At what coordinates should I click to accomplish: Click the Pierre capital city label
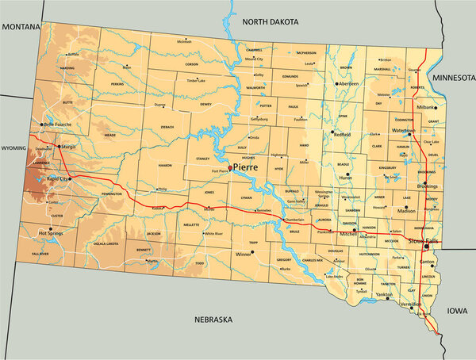point(246,168)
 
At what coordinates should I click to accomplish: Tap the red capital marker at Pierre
point(230,168)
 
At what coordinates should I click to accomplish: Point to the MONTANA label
point(21,26)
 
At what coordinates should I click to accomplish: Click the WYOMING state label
point(13,147)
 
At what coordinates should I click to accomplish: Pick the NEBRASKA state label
point(213,320)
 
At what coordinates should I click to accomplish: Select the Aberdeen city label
point(350,83)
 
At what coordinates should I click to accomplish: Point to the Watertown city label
point(403,130)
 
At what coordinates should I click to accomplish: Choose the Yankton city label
point(383,295)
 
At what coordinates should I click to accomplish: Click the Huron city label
point(346,178)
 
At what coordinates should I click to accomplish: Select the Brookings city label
point(427,185)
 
